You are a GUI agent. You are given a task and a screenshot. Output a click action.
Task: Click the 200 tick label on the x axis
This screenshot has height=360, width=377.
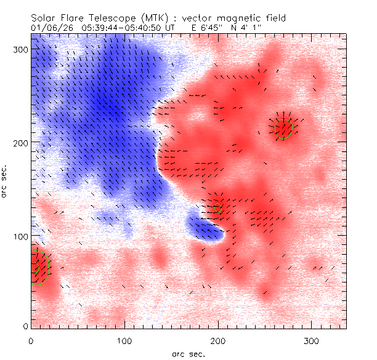(219, 340)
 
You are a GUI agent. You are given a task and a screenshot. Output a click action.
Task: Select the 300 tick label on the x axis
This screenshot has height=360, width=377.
(312, 340)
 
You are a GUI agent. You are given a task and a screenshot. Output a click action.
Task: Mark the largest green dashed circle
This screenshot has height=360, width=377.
(283, 129)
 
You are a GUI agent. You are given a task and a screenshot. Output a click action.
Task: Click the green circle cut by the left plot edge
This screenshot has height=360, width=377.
(39, 266)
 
